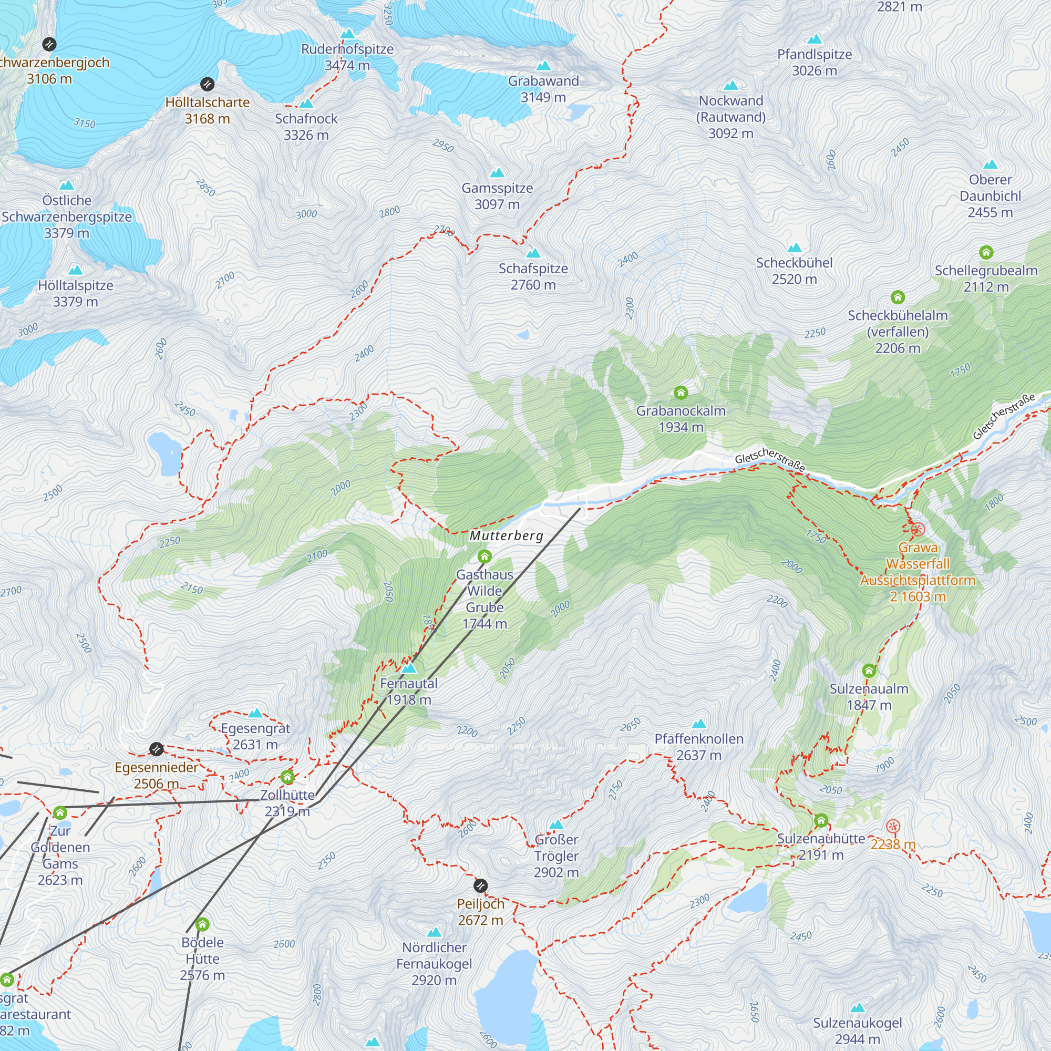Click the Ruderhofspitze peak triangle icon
click(347, 34)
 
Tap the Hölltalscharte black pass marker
click(207, 84)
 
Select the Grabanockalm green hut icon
click(681, 392)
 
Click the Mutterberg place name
click(507, 536)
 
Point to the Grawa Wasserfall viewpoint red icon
click(918, 529)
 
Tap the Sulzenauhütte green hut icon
click(821, 820)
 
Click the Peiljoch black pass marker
click(480, 885)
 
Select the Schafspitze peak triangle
click(533, 253)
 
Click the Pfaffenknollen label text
click(698, 739)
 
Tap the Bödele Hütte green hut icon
click(202, 924)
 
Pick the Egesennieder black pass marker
click(157, 749)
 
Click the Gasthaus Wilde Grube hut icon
click(484, 557)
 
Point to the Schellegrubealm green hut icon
click(986, 252)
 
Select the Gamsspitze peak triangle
click(497, 173)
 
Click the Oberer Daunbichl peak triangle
click(991, 164)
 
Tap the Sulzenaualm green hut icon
click(869, 670)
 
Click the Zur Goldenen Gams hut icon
click(60, 813)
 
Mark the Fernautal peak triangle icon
click(409, 667)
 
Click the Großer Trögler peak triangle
click(556, 825)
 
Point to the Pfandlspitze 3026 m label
click(814, 63)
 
